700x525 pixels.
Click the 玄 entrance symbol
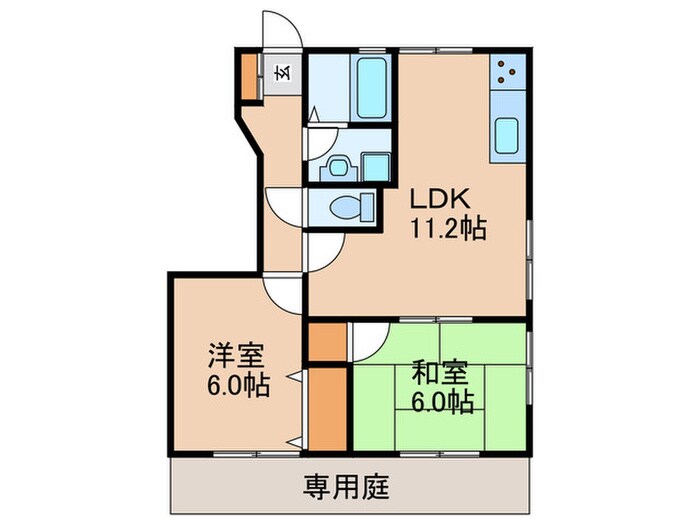click(282, 72)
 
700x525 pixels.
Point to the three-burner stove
click(507, 70)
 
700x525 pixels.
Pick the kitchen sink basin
click(506, 134)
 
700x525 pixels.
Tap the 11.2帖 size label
click(445, 229)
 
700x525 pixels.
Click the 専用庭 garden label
click(346, 488)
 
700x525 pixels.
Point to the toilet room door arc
click(284, 204)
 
